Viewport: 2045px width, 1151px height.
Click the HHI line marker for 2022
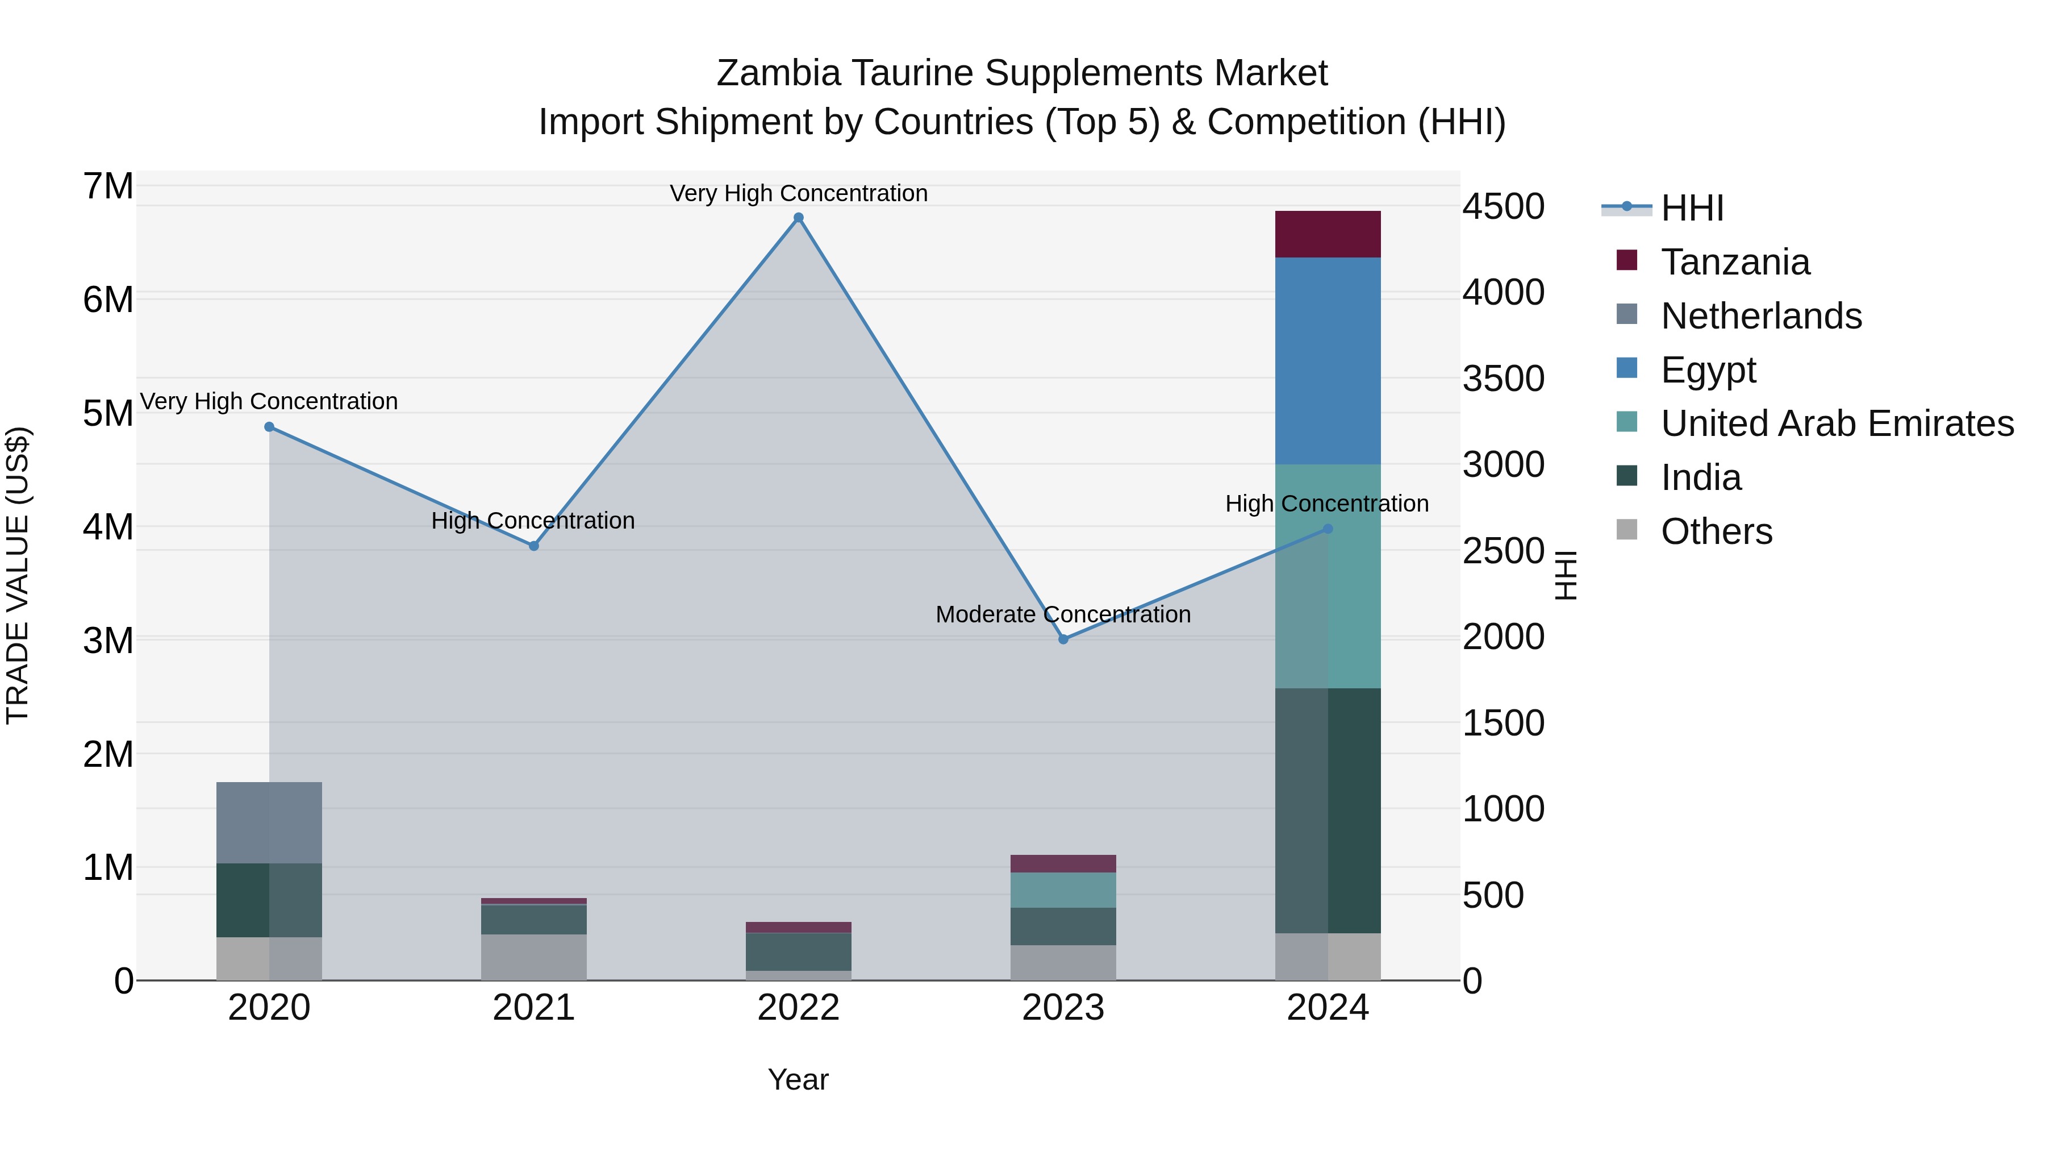799,218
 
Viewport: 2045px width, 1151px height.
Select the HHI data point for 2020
269,426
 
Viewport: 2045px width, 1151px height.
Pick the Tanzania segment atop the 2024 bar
1328,234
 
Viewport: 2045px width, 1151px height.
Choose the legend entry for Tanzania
1735,262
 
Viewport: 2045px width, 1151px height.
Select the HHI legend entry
1691,208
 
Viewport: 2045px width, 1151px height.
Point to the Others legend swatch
1627,530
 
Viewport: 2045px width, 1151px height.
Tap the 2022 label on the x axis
799,1008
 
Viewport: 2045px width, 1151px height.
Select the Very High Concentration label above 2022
799,193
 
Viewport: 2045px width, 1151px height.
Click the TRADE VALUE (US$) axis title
18,575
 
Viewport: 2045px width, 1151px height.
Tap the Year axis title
798,1079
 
